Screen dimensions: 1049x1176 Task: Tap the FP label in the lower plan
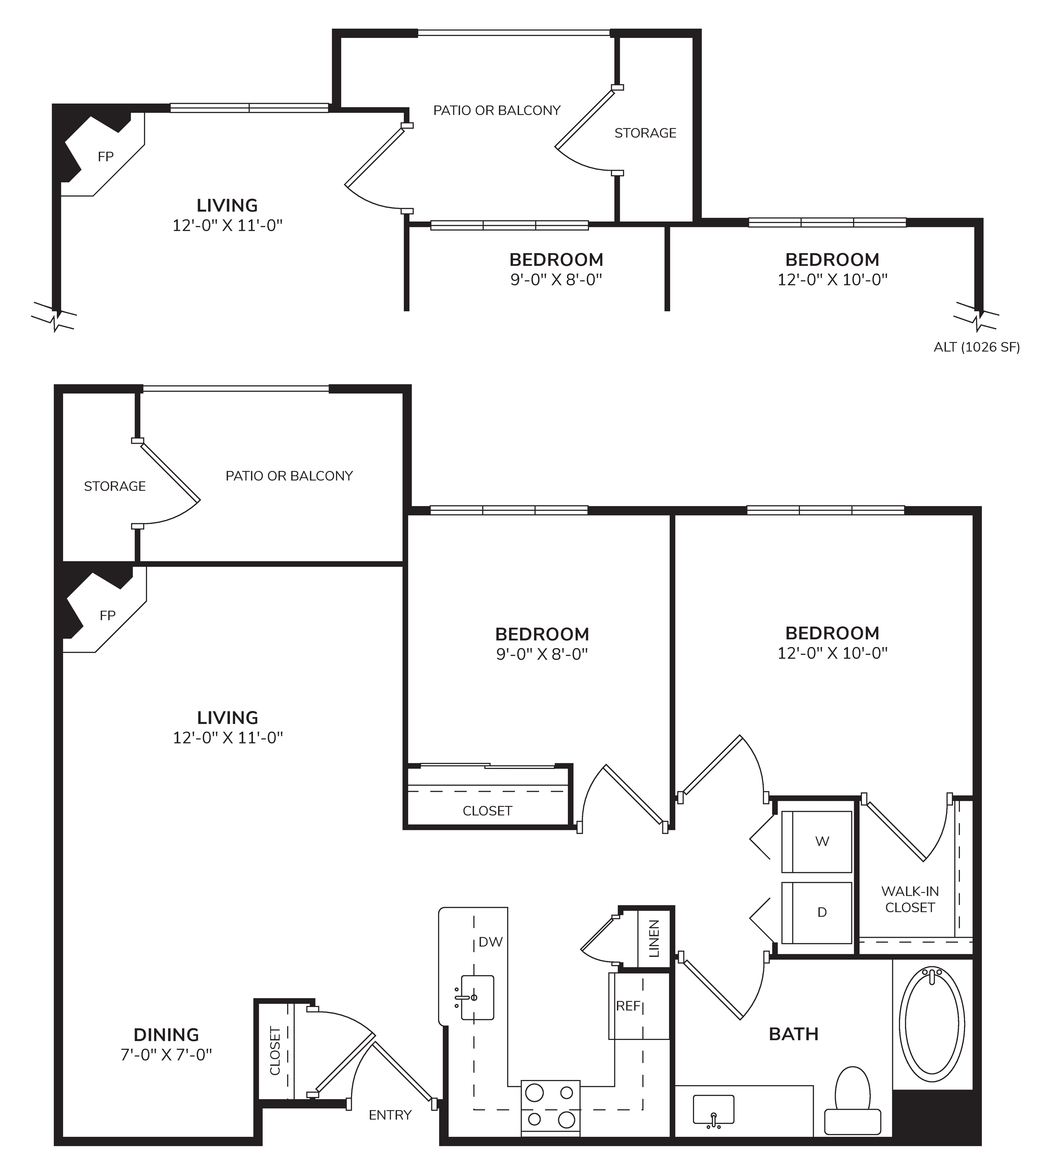click(108, 615)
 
